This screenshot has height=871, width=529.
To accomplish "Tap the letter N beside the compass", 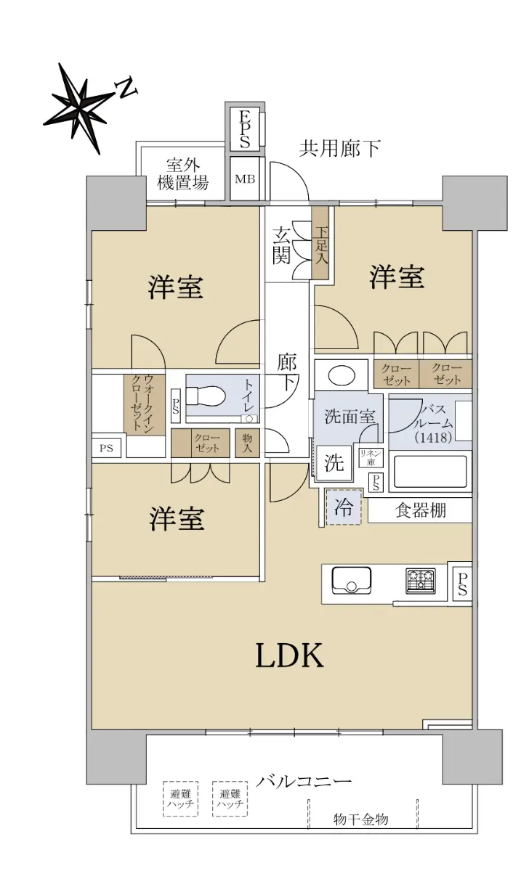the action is click(126, 88).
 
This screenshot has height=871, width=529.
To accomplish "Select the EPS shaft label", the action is click(244, 129).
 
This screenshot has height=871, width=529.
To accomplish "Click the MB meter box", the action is click(245, 179).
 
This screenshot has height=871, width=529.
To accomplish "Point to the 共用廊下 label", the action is click(339, 149).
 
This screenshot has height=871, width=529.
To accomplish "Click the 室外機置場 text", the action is click(182, 174).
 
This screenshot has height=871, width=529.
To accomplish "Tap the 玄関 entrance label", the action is click(281, 246).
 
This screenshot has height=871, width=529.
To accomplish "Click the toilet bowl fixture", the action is click(206, 396).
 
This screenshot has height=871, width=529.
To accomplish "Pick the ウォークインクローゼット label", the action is click(142, 402).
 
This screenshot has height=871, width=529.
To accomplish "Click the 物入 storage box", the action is click(248, 443).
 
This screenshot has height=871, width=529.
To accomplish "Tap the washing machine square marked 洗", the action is click(334, 463).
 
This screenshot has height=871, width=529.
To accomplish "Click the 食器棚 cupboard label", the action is click(421, 510).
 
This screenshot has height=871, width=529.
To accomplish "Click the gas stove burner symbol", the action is click(421, 581).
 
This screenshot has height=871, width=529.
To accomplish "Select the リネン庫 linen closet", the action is click(371, 458).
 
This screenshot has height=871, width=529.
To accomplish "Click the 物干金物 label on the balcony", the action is click(360, 819).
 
